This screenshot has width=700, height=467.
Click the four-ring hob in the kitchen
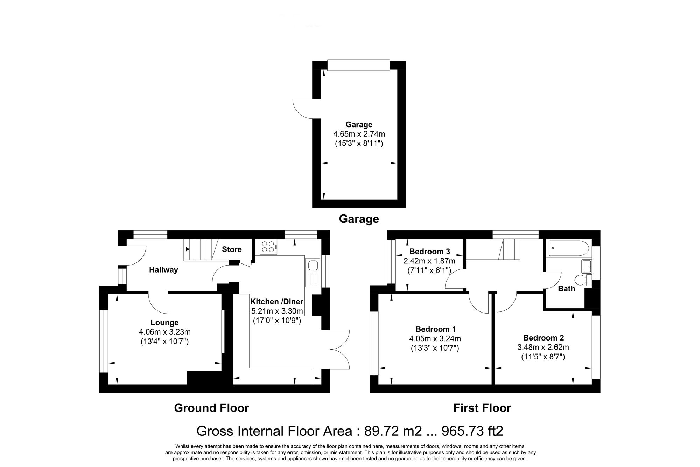click(268, 247)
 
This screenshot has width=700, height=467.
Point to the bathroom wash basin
click(587, 267)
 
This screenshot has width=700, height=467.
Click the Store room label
click(232, 249)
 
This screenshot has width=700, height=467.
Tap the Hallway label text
click(163, 270)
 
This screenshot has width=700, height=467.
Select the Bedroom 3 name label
click(429, 252)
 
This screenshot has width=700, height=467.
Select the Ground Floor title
click(211, 408)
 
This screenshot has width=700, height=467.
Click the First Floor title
click(482, 408)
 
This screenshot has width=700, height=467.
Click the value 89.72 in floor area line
click(381, 431)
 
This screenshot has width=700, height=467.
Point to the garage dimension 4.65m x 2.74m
click(359, 134)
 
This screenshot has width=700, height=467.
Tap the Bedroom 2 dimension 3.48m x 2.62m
click(543, 348)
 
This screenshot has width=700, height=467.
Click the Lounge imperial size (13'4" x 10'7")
click(164, 341)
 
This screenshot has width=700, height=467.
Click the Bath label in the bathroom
click(566, 289)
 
